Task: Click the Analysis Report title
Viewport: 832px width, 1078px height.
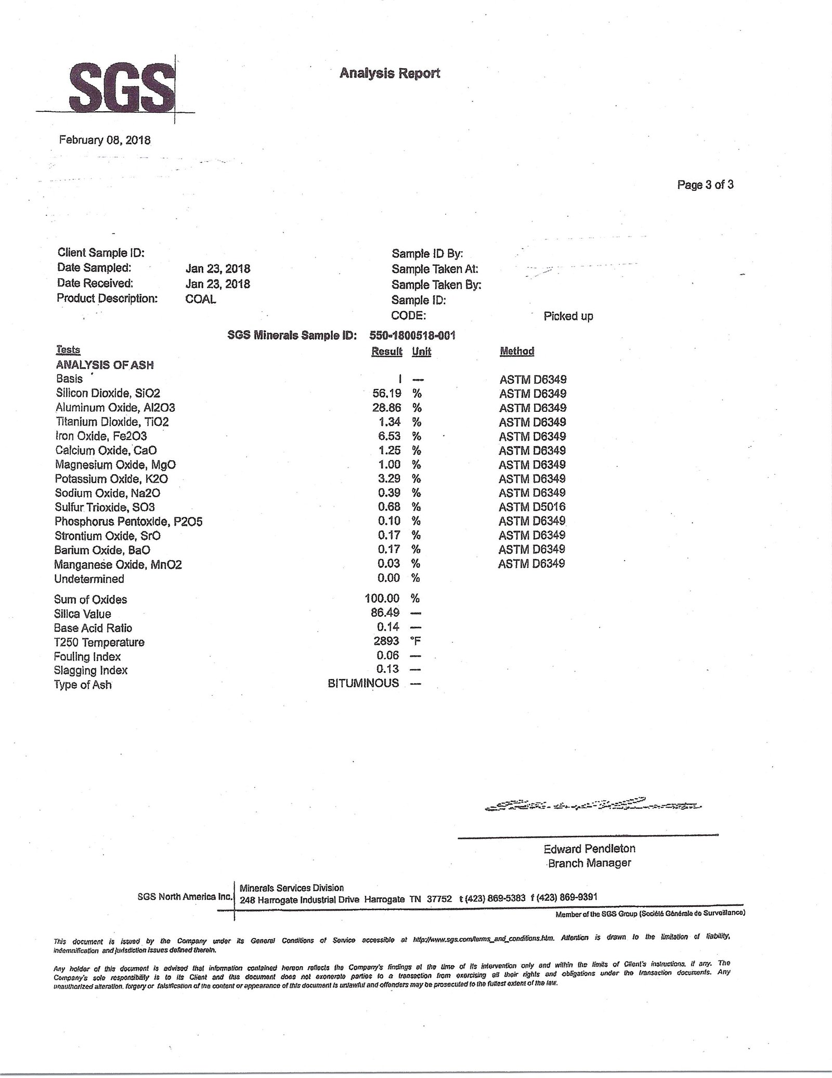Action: [389, 73]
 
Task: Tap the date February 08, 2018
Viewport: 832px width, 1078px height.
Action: [105, 140]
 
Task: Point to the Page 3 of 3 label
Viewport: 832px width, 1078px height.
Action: [705, 185]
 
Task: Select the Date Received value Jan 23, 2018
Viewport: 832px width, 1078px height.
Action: [217, 284]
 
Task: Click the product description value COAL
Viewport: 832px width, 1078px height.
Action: [200, 299]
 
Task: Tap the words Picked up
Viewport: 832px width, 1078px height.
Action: [568, 316]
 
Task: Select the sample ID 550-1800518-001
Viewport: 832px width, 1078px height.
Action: [412, 335]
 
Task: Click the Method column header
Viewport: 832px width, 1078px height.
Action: [516, 351]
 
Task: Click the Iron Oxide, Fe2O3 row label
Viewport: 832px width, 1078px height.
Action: [101, 436]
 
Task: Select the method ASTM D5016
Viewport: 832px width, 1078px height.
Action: [532, 507]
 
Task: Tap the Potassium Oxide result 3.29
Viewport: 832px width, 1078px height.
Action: [389, 479]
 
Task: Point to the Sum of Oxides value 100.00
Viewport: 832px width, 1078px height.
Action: [382, 599]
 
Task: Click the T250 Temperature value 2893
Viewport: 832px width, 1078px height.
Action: [386, 642]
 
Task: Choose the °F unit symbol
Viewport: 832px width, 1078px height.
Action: [416, 642]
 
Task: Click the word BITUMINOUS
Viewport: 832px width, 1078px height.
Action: [363, 683]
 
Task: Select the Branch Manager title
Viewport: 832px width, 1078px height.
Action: [589, 863]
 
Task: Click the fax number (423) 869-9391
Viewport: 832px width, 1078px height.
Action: [567, 898]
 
